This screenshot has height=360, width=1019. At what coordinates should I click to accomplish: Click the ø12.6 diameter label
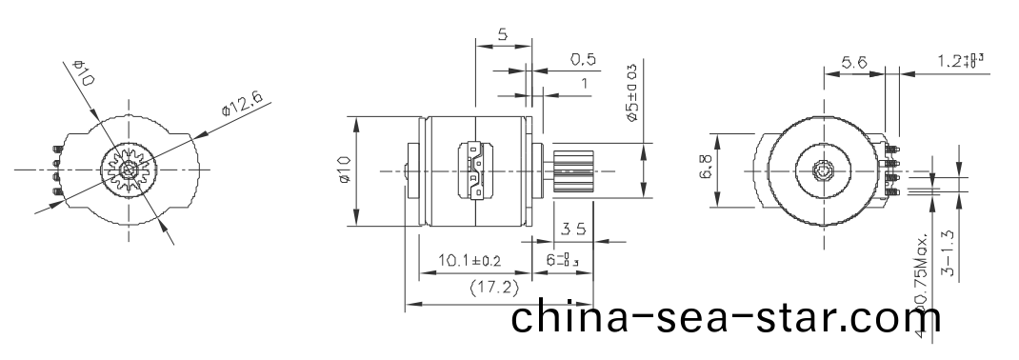pyautogui.click(x=242, y=100)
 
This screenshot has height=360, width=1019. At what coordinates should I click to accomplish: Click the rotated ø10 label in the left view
pyautogui.click(x=84, y=73)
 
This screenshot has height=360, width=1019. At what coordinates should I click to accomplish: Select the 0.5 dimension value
pyautogui.click(x=583, y=59)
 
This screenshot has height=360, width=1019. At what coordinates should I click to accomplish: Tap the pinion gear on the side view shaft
pyautogui.click(x=573, y=171)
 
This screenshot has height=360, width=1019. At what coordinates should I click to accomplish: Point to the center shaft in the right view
pyautogui.click(x=825, y=171)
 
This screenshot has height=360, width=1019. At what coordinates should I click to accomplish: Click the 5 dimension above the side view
pyautogui.click(x=502, y=34)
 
